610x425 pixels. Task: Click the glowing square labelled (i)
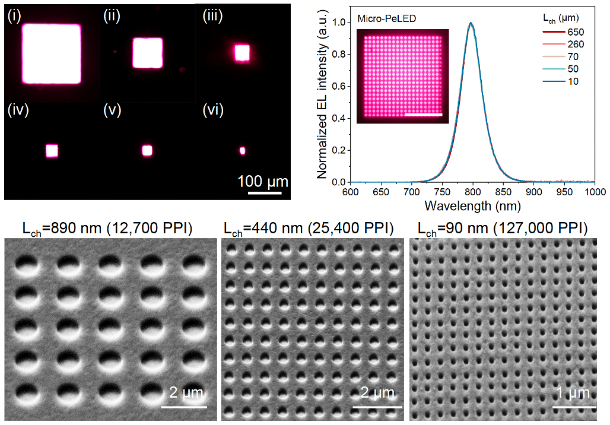click(x=52, y=54)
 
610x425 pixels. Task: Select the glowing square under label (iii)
click(x=242, y=53)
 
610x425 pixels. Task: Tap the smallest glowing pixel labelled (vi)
click(x=242, y=151)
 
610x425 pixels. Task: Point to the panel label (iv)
click(x=16, y=110)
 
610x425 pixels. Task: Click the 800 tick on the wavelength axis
click(x=473, y=192)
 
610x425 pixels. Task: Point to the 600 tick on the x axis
click(x=351, y=192)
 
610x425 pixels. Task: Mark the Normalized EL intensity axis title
click(x=323, y=98)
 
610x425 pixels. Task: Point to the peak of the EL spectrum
click(x=472, y=23)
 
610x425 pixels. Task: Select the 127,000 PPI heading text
click(x=503, y=229)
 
